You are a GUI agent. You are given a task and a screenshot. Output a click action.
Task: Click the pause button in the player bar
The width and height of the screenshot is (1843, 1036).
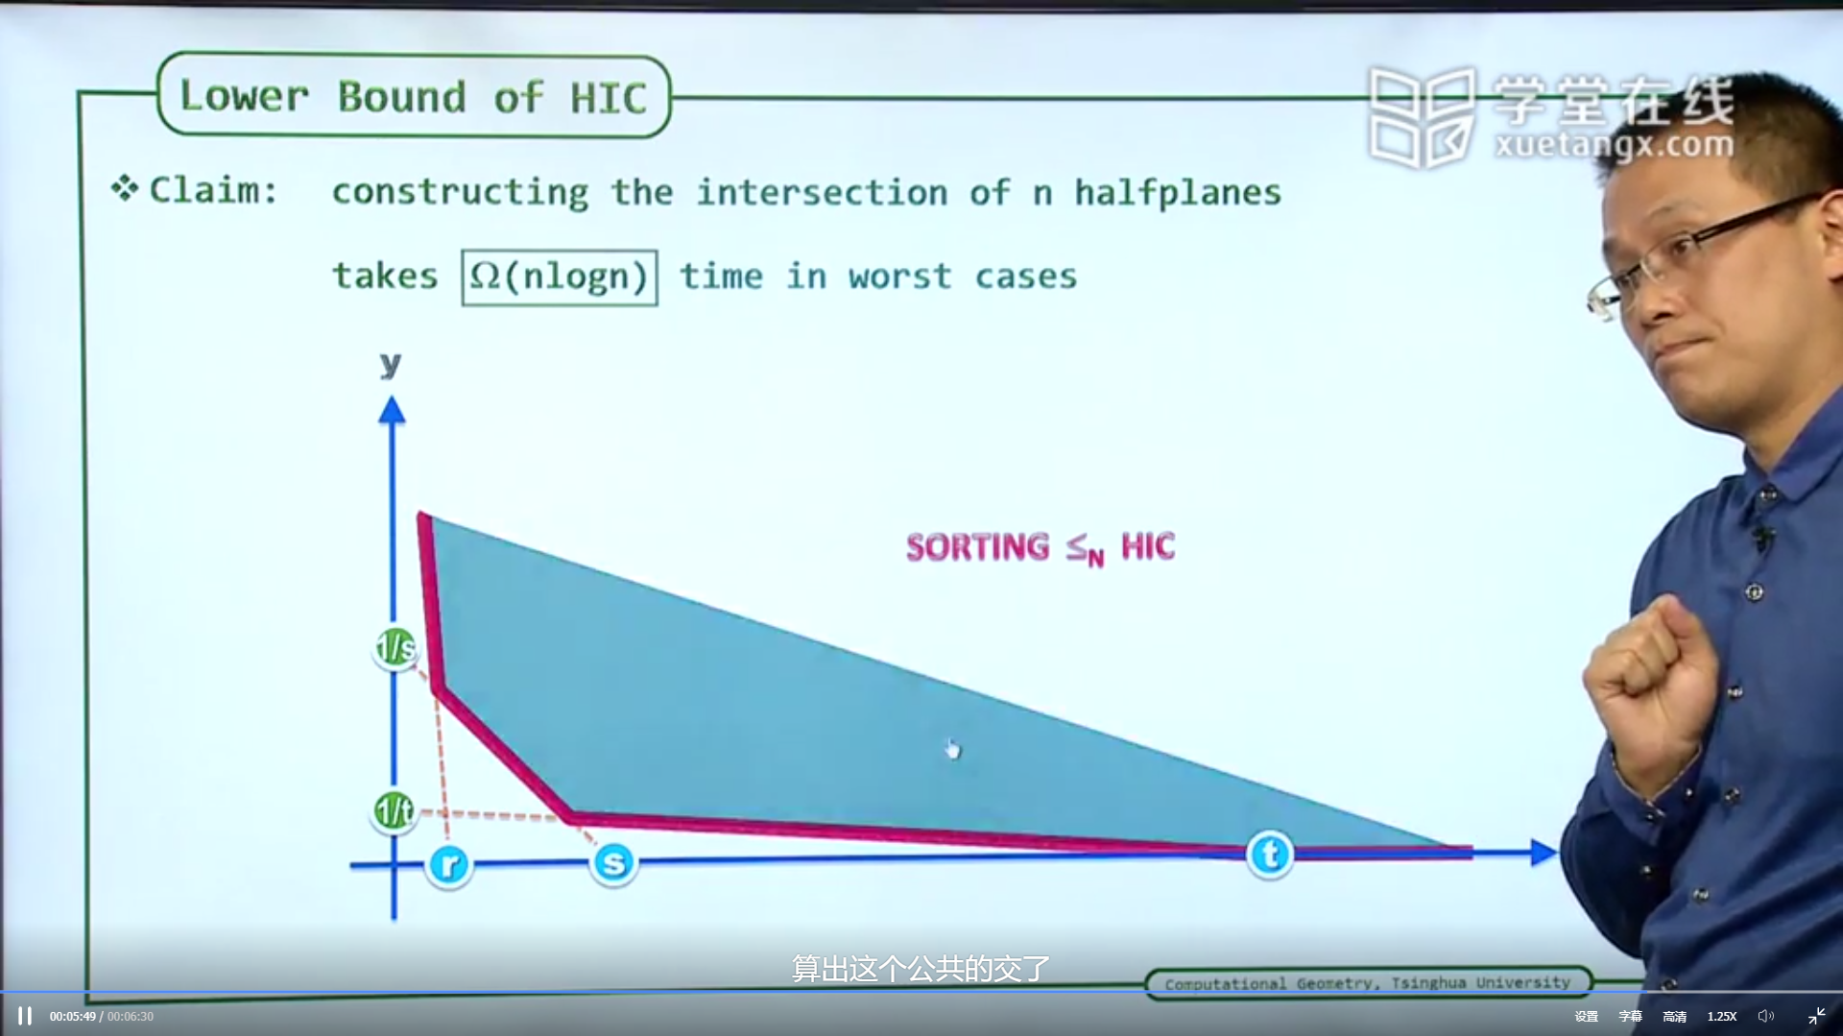(x=25, y=1016)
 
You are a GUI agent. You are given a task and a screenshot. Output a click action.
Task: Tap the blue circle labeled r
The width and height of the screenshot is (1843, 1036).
(x=448, y=865)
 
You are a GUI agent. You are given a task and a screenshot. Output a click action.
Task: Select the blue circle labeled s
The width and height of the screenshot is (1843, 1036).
(x=613, y=862)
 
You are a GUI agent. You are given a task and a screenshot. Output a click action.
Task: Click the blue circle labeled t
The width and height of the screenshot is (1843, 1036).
(x=1269, y=854)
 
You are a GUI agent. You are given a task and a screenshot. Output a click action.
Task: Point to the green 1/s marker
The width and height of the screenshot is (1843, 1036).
(x=395, y=648)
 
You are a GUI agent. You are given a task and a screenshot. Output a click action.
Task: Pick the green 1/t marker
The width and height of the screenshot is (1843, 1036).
(x=394, y=811)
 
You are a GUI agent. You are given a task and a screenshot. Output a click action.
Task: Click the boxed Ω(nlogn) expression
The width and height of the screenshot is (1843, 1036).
(x=560, y=277)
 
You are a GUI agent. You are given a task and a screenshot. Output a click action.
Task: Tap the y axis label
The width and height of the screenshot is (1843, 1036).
(x=390, y=365)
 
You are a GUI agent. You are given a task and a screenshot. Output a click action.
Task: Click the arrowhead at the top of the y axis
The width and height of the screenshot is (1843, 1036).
(x=392, y=410)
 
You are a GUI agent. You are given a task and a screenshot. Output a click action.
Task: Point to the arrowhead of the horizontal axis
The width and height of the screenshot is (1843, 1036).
(x=1544, y=853)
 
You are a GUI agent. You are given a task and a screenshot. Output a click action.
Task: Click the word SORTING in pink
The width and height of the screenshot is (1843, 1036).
(x=978, y=547)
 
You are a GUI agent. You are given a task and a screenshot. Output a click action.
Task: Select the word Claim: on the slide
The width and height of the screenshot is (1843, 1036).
(x=213, y=190)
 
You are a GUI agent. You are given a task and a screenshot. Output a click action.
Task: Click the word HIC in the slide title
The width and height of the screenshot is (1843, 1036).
(x=609, y=98)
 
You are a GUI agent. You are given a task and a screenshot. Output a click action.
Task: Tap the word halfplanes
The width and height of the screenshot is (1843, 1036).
(x=1178, y=193)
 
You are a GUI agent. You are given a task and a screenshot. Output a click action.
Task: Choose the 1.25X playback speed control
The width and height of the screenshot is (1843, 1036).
(x=1721, y=1016)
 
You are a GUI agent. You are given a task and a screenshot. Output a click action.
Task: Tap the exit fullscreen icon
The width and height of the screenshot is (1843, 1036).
(x=1816, y=1016)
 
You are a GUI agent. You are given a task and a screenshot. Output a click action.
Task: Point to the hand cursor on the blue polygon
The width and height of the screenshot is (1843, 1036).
(x=952, y=749)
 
